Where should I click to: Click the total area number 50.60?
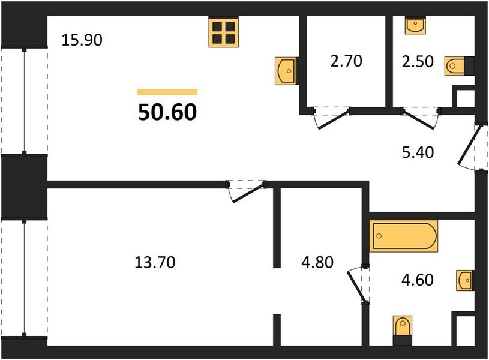point(167,112)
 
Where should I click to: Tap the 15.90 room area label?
point(82,40)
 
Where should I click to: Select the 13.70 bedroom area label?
point(155,262)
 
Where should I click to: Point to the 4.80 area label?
point(317,262)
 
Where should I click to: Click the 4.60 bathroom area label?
point(417,280)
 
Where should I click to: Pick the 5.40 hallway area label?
point(418,152)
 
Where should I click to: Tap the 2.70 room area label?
point(346,61)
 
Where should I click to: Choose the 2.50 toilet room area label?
point(418,61)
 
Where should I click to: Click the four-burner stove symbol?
point(224,33)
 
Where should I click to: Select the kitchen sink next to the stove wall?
point(286,71)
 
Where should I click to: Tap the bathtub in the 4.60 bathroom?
point(404,236)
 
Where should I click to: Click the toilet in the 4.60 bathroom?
point(403,330)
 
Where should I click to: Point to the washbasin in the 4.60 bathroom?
point(465,280)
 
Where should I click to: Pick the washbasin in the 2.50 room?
point(415,25)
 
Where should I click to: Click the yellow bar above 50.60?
point(167,92)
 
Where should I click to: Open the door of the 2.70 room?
point(332,119)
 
